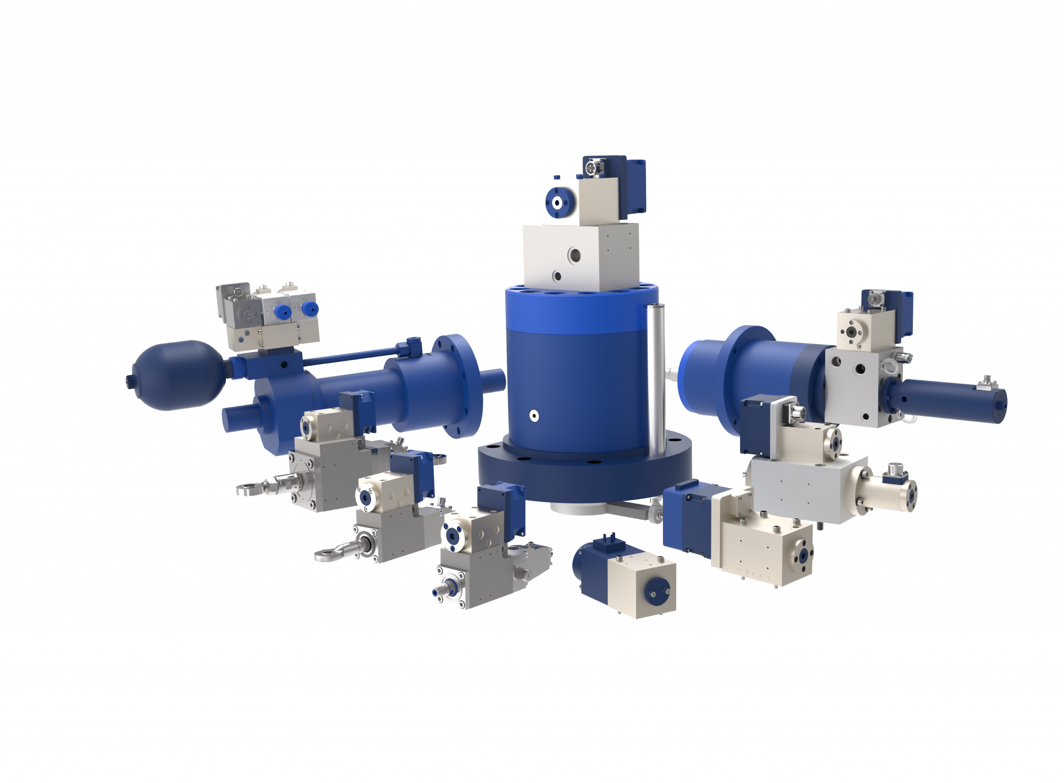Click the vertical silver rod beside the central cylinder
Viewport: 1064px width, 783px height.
pyautogui.click(x=652, y=369)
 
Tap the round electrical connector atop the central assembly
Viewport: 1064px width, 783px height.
pyautogui.click(x=592, y=169)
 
